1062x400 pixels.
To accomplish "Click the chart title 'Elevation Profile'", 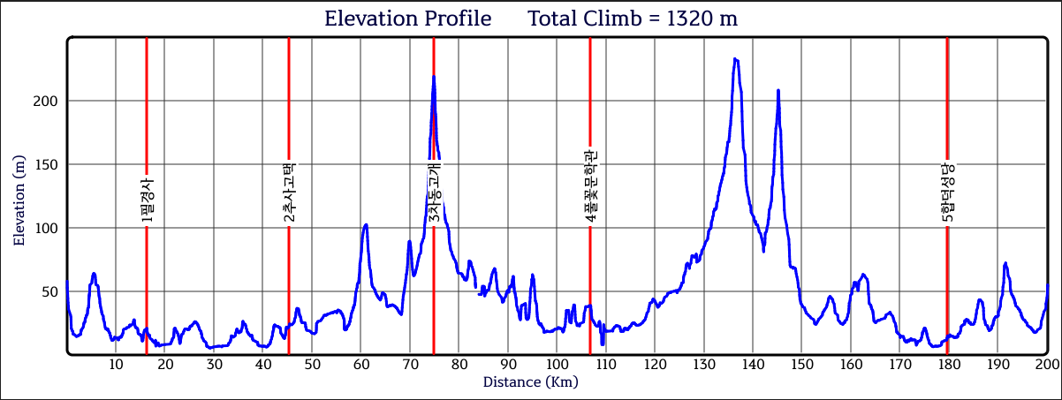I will (x=407, y=19).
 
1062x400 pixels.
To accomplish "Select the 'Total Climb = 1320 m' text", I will (x=632, y=19).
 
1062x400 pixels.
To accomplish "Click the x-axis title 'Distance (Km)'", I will (x=530, y=382).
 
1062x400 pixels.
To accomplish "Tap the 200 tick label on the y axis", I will (x=46, y=101).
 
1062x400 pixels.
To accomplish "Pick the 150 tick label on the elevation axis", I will (x=46, y=164).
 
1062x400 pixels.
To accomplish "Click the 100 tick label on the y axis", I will (x=46, y=228).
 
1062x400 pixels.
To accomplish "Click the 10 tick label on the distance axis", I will (x=116, y=364).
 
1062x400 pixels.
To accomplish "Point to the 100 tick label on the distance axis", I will (x=556, y=364).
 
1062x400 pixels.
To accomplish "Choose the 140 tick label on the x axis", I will (x=752, y=364).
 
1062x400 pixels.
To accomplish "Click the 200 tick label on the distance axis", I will (x=1046, y=364).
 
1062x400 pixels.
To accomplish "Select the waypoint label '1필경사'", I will (x=147, y=199).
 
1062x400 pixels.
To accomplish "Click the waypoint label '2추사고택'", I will (x=289, y=192).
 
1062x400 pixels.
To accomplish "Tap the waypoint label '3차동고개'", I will (x=434, y=192).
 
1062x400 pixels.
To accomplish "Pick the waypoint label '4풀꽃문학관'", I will (x=590, y=184).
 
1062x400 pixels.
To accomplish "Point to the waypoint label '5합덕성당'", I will (x=947, y=192).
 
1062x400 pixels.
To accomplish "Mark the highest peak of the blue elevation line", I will (x=735, y=59).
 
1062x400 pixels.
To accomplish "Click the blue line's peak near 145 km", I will (x=778, y=90).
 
